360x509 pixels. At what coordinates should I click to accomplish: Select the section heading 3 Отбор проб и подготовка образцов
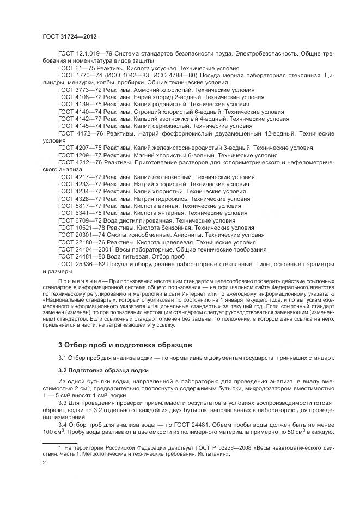pyautogui.click(x=125, y=345)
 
